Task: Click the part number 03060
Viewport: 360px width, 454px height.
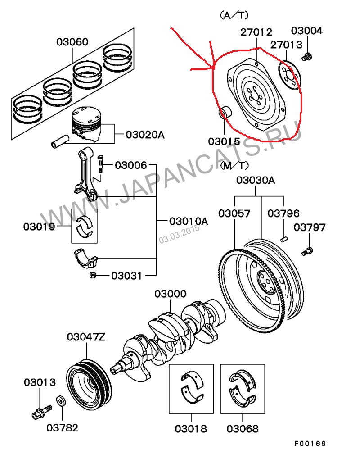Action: click(72, 42)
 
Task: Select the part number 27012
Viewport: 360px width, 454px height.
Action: click(256, 32)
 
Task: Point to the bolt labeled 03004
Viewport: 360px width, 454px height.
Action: click(308, 57)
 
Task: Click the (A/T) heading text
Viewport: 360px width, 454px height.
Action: click(234, 15)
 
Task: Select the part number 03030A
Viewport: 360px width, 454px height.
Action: click(256, 181)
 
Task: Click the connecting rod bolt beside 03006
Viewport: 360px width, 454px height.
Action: click(100, 163)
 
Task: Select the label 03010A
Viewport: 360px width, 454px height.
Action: click(189, 221)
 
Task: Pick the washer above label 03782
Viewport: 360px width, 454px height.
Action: click(60, 400)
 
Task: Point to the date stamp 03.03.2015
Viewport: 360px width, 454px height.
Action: click(179, 234)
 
